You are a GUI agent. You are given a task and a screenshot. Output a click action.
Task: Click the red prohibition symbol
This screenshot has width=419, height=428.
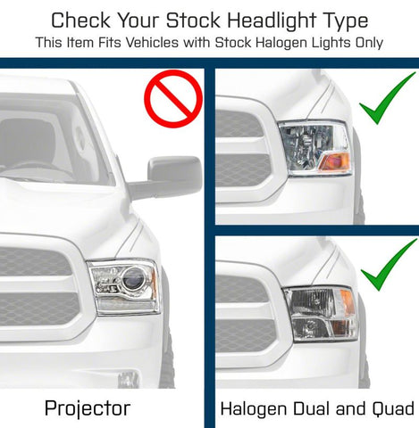[x=172, y=99]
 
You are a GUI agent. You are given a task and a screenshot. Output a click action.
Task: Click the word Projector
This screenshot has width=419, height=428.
[x=88, y=408]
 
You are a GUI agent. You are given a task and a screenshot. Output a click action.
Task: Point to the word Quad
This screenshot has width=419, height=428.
[x=394, y=408]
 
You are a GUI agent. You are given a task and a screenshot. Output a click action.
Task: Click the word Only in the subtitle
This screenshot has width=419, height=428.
[x=367, y=42]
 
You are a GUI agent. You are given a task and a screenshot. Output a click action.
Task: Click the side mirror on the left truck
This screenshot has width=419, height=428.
[x=170, y=177]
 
